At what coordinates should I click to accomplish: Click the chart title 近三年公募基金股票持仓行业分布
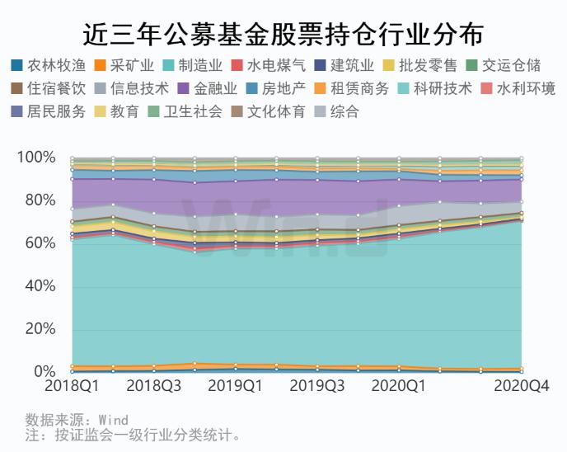(283, 34)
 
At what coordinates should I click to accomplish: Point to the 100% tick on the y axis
(36, 158)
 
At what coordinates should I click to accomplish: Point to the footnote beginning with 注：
(133, 435)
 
